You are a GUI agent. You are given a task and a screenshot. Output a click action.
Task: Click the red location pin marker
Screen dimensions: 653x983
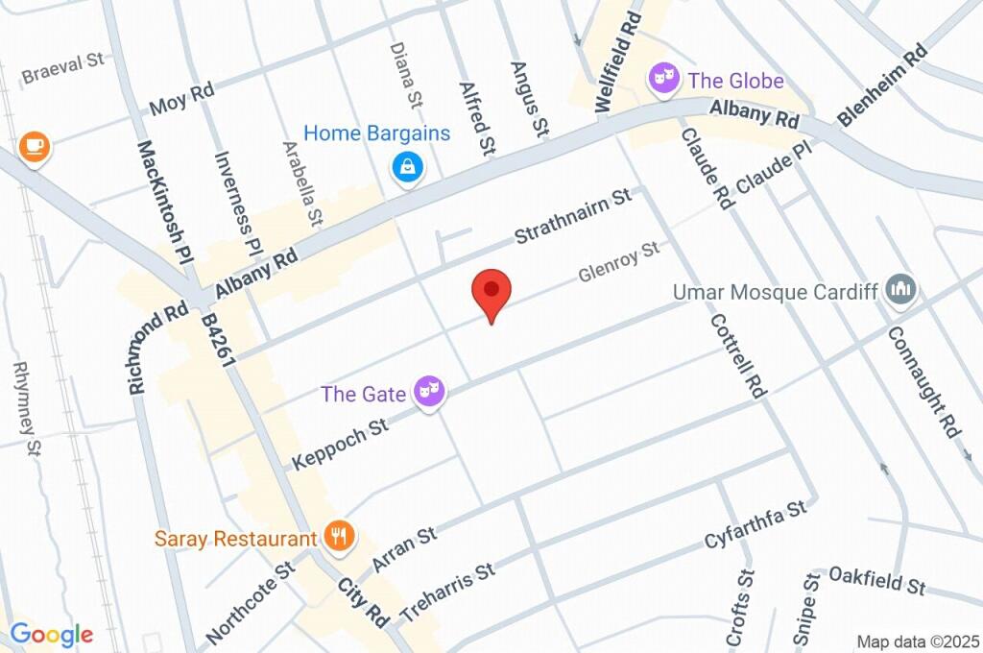[491, 293]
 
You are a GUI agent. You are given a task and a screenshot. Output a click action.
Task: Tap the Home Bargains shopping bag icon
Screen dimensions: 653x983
[409, 168]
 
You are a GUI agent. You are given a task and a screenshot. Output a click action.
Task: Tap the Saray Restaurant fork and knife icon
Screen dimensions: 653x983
[337, 537]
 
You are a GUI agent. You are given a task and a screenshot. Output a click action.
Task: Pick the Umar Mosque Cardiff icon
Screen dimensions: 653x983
[900, 289]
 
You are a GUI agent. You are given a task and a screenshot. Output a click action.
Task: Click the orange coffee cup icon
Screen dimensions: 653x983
[35, 147]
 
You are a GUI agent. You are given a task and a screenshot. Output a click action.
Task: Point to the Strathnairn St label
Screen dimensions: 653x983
[573, 217]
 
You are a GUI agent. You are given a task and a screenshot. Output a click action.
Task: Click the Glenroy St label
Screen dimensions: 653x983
[619, 262]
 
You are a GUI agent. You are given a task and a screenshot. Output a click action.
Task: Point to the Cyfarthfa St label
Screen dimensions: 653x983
[754, 525]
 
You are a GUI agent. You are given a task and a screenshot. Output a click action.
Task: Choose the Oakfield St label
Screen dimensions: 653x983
[876, 580]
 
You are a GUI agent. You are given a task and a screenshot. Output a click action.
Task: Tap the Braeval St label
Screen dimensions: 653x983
[62, 66]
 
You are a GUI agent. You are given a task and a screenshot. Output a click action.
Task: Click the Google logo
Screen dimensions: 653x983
[51, 634]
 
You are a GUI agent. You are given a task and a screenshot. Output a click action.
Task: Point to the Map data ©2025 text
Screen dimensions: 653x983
[917, 641]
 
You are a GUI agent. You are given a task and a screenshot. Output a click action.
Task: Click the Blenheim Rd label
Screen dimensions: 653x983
[883, 85]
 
